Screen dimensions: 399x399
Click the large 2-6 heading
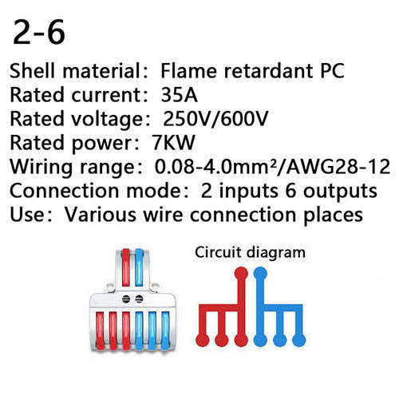pos(39,33)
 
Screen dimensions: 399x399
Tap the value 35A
pos(180,95)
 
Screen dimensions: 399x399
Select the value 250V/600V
pos(215,119)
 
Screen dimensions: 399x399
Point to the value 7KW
pos(173,143)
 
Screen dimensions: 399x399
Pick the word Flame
pos(188,71)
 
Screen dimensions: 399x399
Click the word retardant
pos(269,71)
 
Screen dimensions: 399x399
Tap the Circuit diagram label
pos(250,253)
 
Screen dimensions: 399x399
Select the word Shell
pos(33,71)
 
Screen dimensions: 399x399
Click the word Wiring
pos(41,168)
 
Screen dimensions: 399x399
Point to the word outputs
pos(341,192)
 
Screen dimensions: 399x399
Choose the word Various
pos(101,215)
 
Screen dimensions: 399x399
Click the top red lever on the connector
pos(126,267)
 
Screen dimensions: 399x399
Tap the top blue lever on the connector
pos(139,267)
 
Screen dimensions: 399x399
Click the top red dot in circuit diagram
pos(241,274)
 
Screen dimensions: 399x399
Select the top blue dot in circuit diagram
pos(260,274)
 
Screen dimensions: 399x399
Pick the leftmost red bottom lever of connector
pos(100,330)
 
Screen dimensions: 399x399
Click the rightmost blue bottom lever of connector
pos(165,330)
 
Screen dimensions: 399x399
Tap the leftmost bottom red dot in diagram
pos(203,340)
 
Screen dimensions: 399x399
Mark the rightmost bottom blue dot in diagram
pos(299,340)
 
